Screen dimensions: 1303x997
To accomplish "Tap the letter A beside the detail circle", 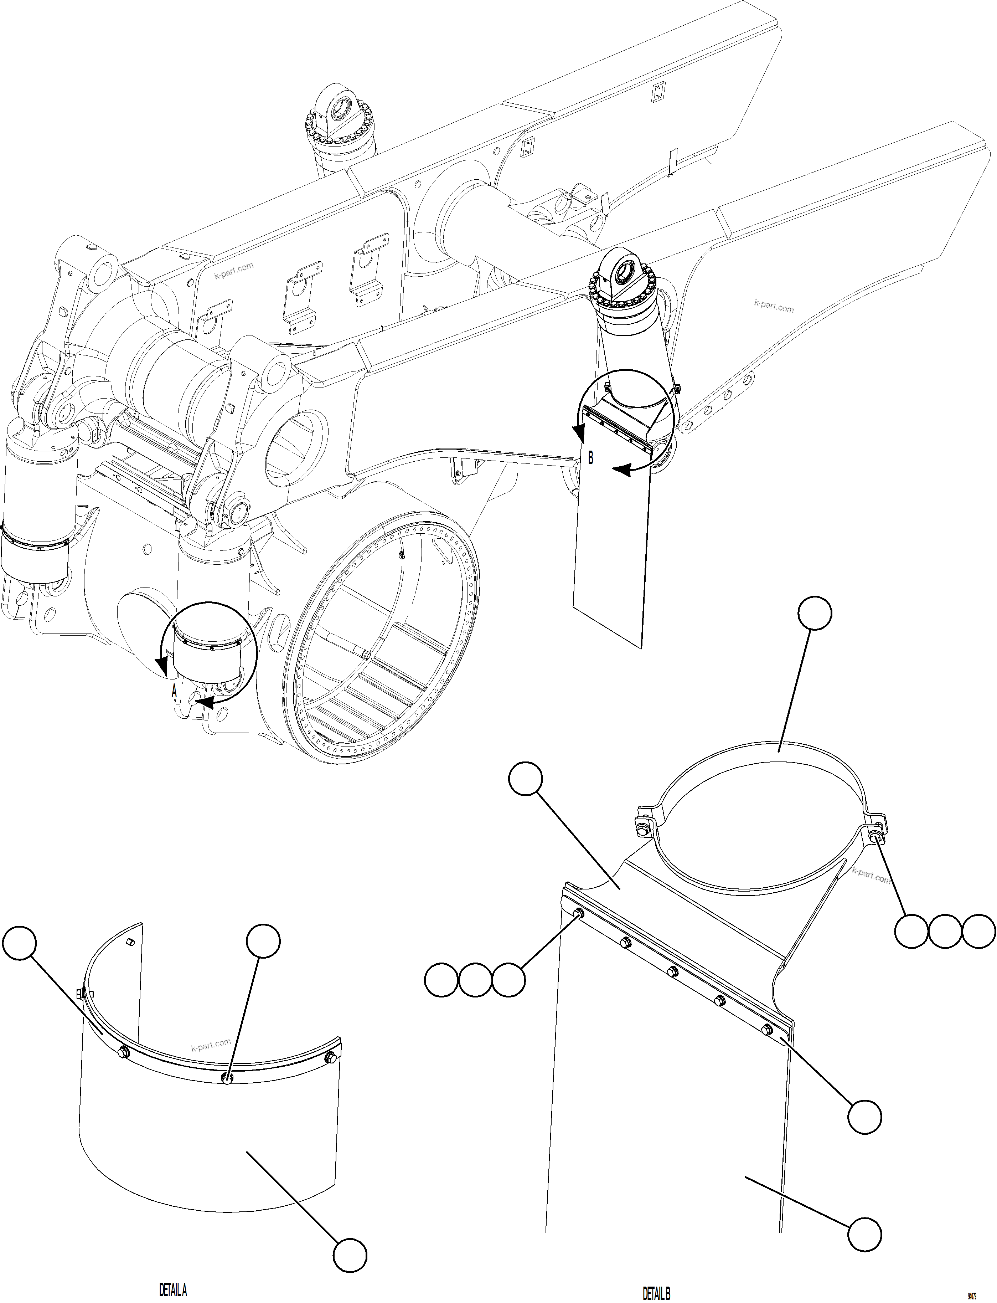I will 174,691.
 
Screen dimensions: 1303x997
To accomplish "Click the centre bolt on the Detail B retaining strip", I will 672,972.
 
